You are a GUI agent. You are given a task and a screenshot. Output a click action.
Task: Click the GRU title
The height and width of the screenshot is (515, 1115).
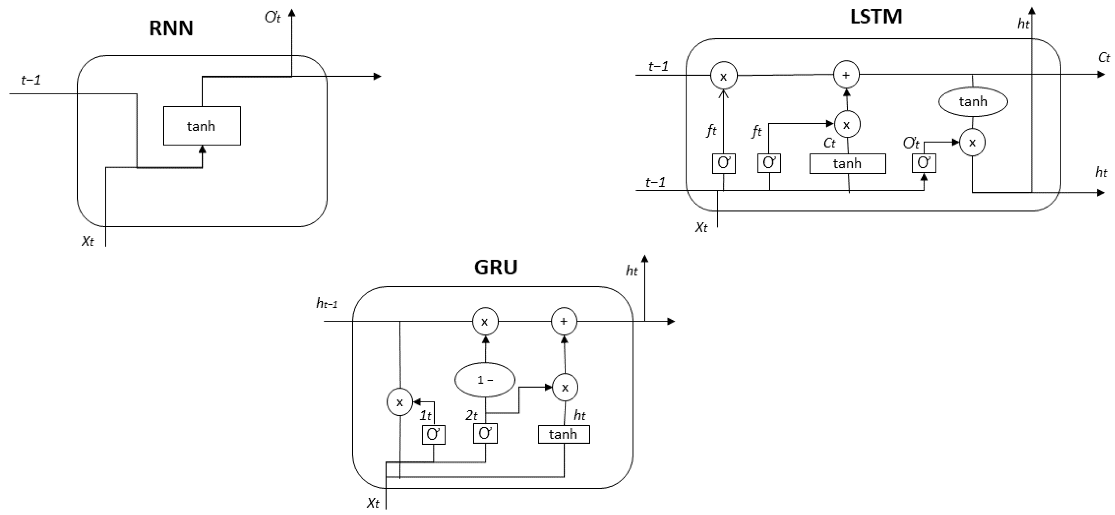click(x=496, y=267)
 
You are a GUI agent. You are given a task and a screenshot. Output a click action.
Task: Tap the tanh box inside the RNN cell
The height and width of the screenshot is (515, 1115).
click(x=202, y=126)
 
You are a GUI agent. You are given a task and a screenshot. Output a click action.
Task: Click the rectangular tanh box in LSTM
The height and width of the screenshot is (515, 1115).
click(x=847, y=164)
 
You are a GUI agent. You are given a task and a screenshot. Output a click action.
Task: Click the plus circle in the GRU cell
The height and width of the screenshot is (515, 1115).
click(x=564, y=321)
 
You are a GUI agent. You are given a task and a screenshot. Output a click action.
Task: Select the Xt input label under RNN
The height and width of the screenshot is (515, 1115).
click(x=88, y=241)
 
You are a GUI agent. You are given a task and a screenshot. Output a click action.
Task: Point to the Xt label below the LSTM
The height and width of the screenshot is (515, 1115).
click(x=701, y=227)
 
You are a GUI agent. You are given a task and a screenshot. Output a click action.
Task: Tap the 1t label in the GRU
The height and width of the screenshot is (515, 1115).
click(x=425, y=416)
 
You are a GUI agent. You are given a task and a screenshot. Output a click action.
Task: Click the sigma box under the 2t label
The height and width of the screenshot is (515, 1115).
click(x=485, y=433)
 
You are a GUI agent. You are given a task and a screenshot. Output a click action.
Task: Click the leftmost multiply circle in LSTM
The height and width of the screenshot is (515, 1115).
click(x=723, y=76)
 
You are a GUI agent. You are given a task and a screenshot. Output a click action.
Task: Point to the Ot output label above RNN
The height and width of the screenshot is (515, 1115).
click(x=273, y=17)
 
